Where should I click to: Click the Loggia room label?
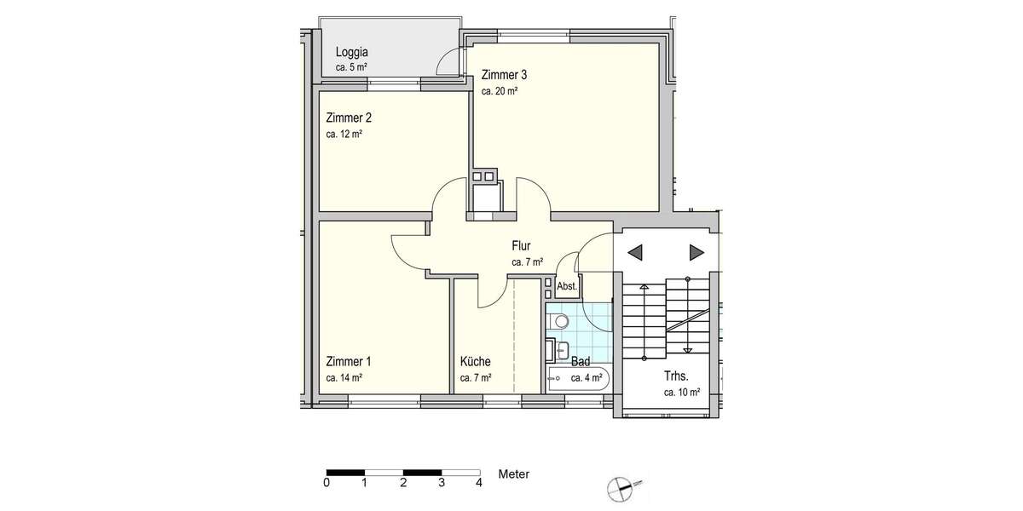point(351,51)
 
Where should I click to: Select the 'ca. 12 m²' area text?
point(344,134)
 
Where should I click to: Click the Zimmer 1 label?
point(348,360)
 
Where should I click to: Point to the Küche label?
point(475,360)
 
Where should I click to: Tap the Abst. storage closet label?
point(568,287)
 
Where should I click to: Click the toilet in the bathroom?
point(559,321)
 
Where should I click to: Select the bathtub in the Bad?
point(578,378)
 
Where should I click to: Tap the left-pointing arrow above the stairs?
point(635,251)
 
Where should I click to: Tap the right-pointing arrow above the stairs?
point(696,251)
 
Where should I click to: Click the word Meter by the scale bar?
point(514,473)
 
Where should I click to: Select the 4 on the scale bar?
point(479,483)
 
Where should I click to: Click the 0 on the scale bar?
point(327,483)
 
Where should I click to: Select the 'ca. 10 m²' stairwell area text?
point(682,393)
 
